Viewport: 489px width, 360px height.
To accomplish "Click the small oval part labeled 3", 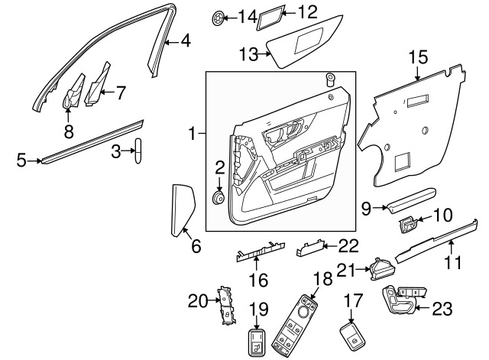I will [x=141, y=151].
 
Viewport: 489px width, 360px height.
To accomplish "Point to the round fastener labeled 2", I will [x=218, y=198].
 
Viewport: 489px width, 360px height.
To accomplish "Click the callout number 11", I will [x=454, y=264].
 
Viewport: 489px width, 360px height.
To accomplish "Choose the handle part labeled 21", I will [x=382, y=268].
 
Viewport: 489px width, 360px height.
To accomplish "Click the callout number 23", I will [x=442, y=310].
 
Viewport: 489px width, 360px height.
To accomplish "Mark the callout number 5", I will [x=21, y=160].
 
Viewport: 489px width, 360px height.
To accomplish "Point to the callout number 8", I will [x=68, y=131].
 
